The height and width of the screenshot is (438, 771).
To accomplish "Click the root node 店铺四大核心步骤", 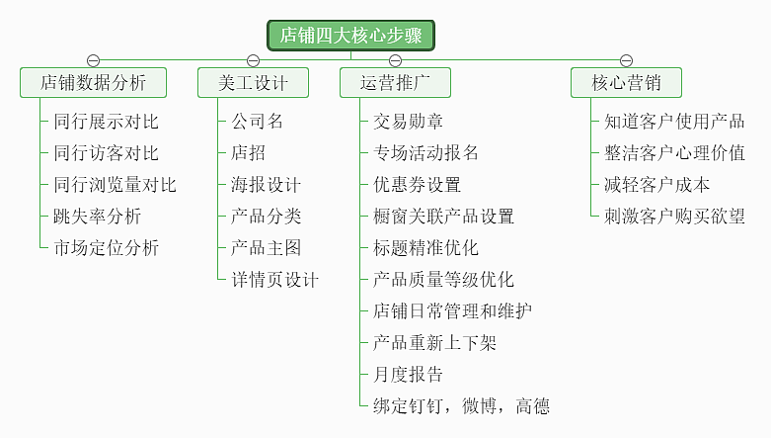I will [350, 36].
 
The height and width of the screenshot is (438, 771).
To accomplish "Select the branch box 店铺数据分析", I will [94, 83].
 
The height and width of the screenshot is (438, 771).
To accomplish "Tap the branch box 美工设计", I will [253, 83].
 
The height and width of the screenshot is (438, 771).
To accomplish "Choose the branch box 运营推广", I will [395, 83].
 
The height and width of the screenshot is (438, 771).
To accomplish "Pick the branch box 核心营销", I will [626, 83].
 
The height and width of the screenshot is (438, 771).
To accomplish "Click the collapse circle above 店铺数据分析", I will [94, 61].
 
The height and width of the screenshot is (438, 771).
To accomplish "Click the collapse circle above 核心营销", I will [626, 61].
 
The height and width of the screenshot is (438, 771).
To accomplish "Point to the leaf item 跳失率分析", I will [97, 217].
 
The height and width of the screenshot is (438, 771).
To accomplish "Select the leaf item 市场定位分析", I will [106, 248].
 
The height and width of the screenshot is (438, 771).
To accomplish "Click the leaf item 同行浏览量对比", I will [115, 185].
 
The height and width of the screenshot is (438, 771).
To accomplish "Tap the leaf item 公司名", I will [257, 122].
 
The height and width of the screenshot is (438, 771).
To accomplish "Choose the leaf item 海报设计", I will [266, 185].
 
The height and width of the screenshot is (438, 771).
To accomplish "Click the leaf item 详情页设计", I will [274, 280].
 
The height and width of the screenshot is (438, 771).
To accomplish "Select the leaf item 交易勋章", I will [408, 122].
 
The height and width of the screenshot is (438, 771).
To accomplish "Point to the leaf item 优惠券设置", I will [417, 185].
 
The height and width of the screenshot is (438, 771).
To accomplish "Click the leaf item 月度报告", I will [408, 375].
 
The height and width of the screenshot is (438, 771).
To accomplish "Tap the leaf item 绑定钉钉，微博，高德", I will [461, 406].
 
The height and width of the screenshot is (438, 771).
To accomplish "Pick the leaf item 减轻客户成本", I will [656, 185].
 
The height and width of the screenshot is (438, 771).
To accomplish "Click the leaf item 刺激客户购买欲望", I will [674, 217].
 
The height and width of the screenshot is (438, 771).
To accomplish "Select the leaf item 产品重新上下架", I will [434, 343].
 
